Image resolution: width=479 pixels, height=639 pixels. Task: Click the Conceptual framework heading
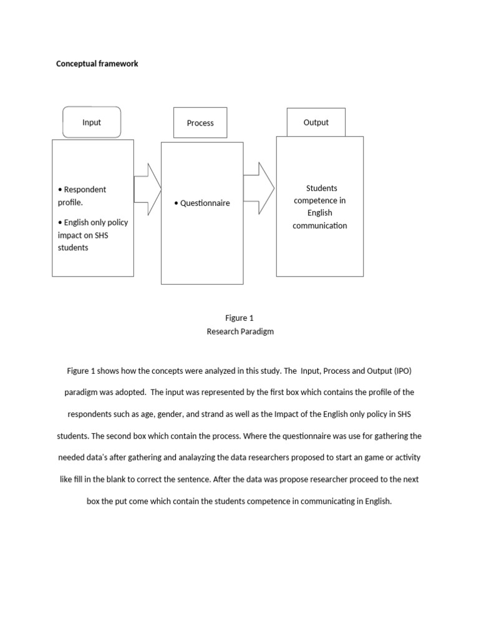97,64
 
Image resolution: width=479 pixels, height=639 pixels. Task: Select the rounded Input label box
92,122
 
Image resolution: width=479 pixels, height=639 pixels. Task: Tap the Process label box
200,123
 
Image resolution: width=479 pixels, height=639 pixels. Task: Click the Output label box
316,122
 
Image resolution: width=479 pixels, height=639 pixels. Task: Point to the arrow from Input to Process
147,189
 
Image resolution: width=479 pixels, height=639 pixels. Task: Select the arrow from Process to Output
258,188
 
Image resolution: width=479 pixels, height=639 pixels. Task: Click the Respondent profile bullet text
82,196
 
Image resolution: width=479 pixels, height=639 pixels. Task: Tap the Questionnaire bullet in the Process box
202,203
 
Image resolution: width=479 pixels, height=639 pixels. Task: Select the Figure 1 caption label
239,318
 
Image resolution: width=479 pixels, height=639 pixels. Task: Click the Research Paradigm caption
239,332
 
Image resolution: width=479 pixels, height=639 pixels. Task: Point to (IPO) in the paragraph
403,371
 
